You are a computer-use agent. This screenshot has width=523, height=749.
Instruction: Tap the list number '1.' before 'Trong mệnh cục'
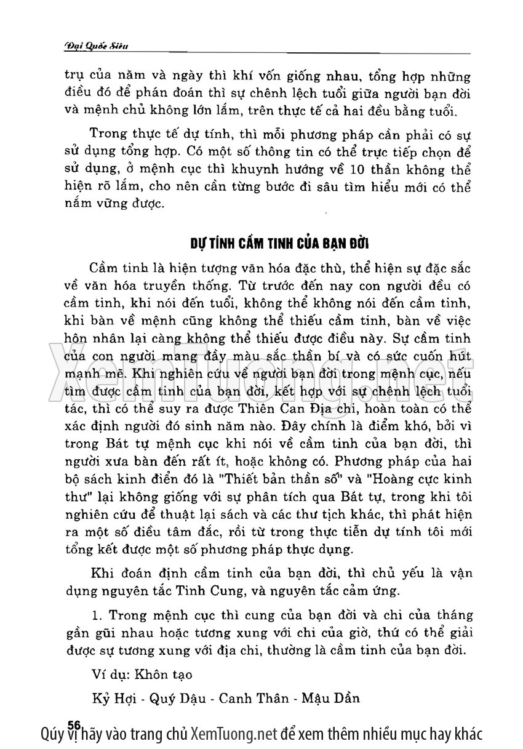click(x=95, y=615)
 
